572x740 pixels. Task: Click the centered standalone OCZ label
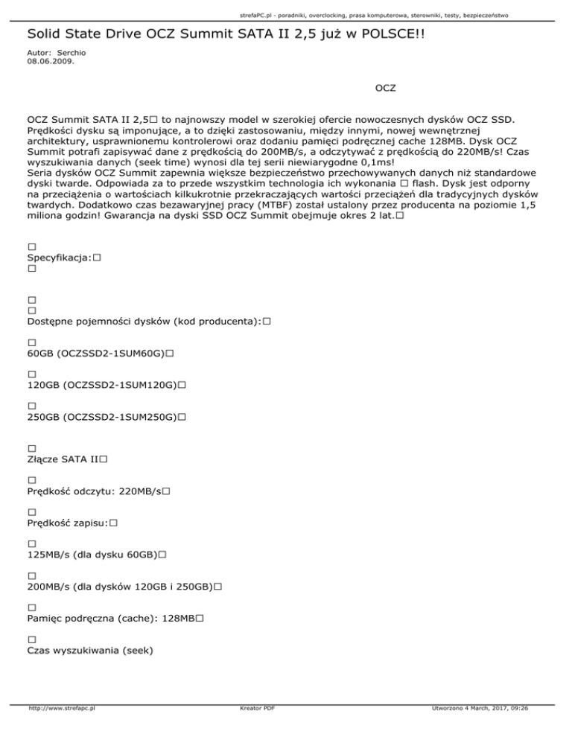385,89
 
